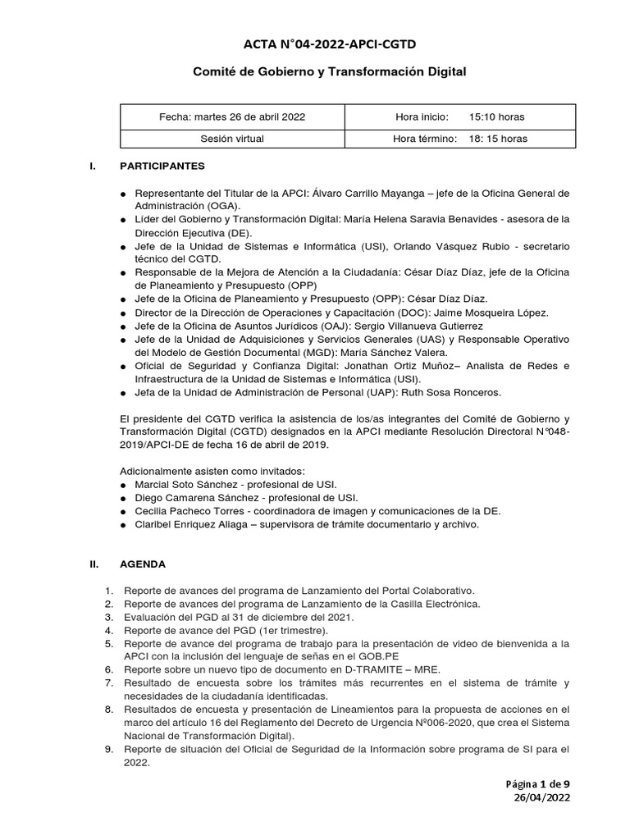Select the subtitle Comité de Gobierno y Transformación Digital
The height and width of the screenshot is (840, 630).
point(329,72)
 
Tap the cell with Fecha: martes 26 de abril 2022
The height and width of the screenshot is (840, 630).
point(232,117)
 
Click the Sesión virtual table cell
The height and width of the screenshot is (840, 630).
point(232,139)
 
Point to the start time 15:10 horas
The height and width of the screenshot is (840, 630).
point(497,117)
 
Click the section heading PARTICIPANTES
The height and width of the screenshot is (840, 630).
point(162,166)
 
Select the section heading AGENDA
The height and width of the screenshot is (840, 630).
point(143,564)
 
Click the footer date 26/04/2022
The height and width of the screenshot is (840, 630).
point(542,797)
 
